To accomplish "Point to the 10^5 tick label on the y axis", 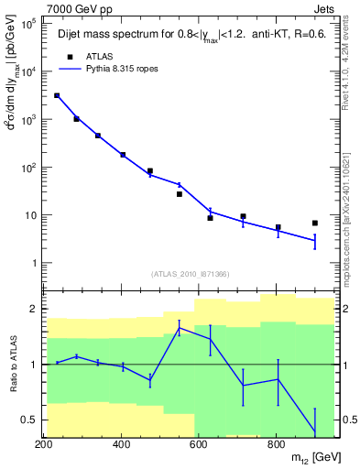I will point(27,25).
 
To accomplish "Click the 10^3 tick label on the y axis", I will point(27,120).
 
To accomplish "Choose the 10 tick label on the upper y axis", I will point(29,215).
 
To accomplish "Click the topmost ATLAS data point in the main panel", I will point(57,95).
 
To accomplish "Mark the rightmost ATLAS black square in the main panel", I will point(315,223).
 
